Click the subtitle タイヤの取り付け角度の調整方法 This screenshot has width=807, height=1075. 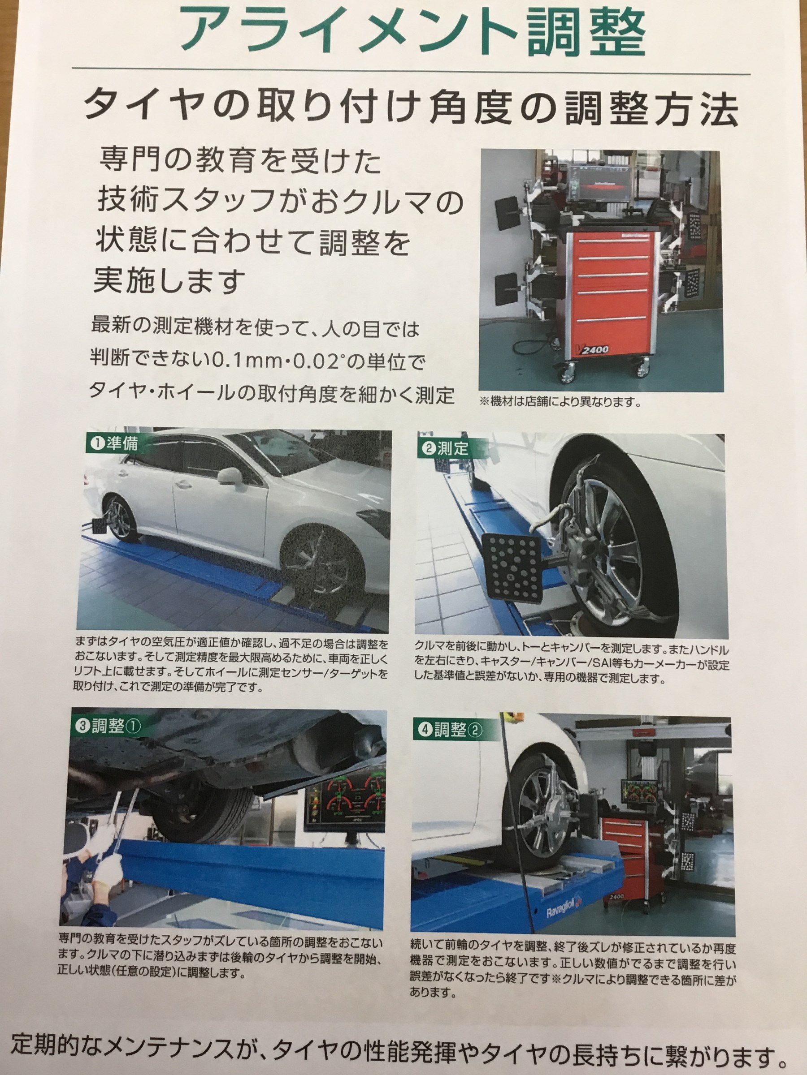(x=411, y=109)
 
